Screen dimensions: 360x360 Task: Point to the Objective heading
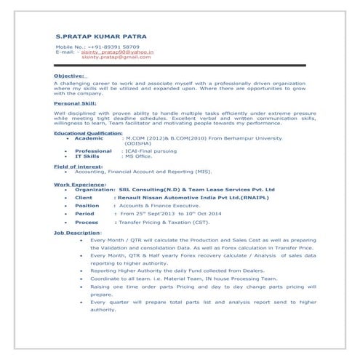pos(70,75)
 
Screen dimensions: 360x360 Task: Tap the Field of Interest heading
pos(79,167)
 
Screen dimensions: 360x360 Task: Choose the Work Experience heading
pos(78,185)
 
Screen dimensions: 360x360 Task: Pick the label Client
pos(84,197)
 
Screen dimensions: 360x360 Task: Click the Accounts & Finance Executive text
pos(161,206)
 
